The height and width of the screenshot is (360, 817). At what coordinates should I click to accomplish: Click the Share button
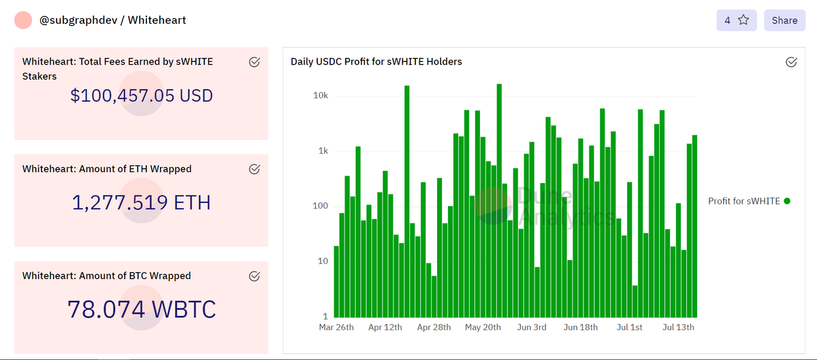784,20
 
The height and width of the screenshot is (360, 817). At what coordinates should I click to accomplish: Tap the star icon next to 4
743,20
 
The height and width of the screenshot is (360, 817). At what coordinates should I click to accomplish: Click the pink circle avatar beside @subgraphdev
24,20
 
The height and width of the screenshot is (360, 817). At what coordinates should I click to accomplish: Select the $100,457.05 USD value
142,95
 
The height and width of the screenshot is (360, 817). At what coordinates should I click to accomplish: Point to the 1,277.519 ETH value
142,202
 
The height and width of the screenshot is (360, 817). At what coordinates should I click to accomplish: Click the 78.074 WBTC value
142,309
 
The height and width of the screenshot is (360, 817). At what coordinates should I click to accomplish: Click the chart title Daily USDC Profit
376,61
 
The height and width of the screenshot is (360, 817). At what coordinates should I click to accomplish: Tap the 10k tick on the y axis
320,96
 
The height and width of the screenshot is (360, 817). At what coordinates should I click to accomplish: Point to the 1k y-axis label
323,151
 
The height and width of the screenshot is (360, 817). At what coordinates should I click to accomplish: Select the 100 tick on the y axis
320,206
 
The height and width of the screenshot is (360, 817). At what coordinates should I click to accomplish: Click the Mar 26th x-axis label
336,327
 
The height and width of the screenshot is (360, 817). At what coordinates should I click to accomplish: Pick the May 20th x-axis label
483,327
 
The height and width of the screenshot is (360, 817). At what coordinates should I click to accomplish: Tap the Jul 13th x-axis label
678,327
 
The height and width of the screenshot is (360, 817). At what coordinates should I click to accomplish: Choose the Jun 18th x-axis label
581,327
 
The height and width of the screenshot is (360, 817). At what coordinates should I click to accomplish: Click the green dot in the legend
787,201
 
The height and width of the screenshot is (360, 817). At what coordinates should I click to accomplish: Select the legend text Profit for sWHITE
743,201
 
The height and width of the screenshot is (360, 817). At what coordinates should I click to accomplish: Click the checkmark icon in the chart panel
791,62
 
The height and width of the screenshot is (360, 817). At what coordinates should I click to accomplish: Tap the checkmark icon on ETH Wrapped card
254,169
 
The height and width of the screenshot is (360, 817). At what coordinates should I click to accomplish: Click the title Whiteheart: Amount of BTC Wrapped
106,276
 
